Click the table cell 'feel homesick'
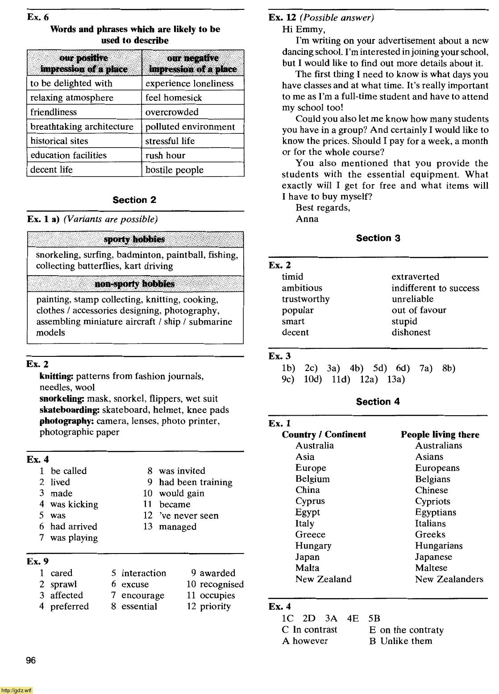pyautogui.click(x=174, y=98)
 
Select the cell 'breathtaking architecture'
pyautogui.click(x=82, y=127)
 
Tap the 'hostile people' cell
pyautogui.click(x=174, y=170)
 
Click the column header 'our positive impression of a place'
pyautogui.click(x=84, y=63)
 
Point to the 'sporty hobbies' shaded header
pyautogui.click(x=134, y=240)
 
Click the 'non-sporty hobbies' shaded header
pyautogui.click(x=134, y=284)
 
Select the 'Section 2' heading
pyautogui.click(x=134, y=200)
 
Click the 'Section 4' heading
pyautogui.click(x=378, y=401)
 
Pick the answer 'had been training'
pyautogui.click(x=195, y=482)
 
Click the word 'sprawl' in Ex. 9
pyautogui.click(x=63, y=584)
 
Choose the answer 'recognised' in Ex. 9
pyautogui.click(x=221, y=584)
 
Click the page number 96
pyautogui.click(x=31, y=661)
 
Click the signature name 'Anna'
pyautogui.click(x=307, y=219)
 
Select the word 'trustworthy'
pyautogui.click(x=305, y=299)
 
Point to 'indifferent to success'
pyautogui.click(x=435, y=288)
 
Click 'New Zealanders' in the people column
pyautogui.click(x=449, y=579)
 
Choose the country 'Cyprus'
pyautogui.click(x=310, y=501)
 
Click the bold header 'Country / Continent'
pyautogui.click(x=324, y=434)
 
